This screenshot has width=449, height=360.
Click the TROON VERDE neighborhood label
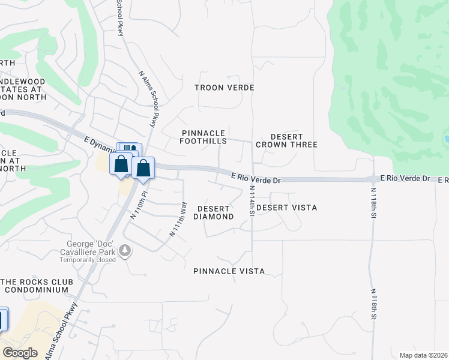[224, 88]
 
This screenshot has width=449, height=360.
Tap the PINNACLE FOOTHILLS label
[204, 137]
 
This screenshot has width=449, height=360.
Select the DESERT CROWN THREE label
[286, 140]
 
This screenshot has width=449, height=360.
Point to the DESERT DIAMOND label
[215, 212]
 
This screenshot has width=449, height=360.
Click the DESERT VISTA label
[287, 208]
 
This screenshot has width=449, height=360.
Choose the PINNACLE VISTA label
[229, 271]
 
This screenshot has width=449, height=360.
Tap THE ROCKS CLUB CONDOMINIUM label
[37, 286]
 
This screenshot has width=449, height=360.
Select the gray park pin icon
[125, 250]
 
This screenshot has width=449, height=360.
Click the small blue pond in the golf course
[446, 140]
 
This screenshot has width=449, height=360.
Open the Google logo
[20, 353]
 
